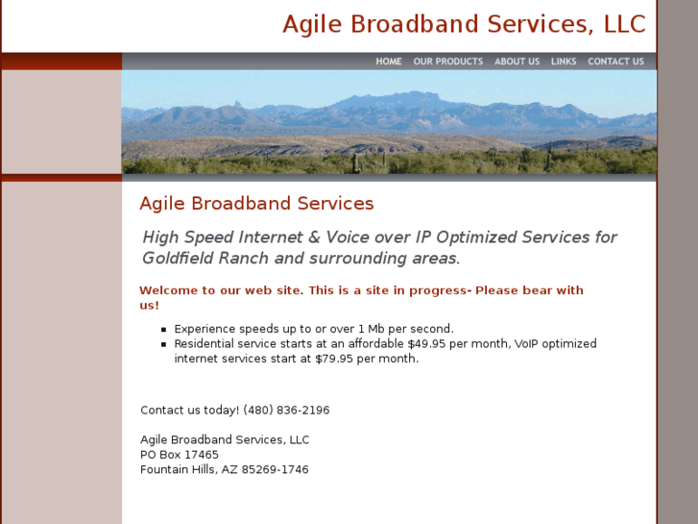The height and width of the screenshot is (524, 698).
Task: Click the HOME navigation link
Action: [389, 62]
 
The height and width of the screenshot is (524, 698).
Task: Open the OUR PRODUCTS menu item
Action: [447, 62]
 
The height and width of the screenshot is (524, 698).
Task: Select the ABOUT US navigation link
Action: [517, 62]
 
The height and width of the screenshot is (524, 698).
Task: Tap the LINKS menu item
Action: [564, 62]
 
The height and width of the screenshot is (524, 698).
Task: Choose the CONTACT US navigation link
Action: [615, 62]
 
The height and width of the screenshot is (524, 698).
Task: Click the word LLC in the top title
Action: [624, 25]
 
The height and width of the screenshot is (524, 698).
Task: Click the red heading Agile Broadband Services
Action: [256, 204]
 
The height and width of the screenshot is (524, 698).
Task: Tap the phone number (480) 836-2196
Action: [286, 411]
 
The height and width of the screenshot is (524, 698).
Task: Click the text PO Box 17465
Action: [180, 455]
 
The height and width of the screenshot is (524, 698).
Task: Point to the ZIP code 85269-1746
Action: [276, 470]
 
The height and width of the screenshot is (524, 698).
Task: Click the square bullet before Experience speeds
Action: [164, 329]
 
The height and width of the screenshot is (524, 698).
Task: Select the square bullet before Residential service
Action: [164, 344]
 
